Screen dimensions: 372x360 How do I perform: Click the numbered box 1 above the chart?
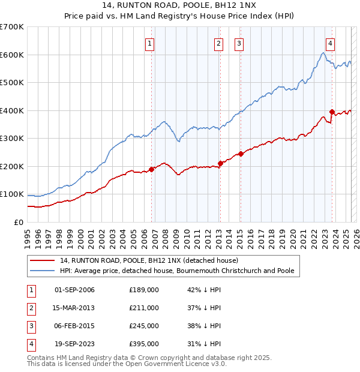click(x=149, y=43)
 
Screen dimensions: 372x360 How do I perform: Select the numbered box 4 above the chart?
click(x=331, y=43)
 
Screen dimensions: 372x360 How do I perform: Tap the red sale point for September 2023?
click(x=332, y=112)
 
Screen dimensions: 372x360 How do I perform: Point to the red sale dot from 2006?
click(x=151, y=169)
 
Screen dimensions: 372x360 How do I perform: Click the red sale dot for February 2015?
click(x=240, y=154)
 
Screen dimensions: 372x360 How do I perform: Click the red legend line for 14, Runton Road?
click(x=42, y=260)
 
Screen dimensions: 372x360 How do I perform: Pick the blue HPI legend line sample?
click(x=42, y=271)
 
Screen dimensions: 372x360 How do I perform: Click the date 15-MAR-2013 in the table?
click(x=74, y=308)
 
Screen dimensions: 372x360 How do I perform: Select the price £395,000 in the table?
click(x=143, y=344)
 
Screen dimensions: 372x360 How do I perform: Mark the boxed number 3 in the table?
click(x=29, y=326)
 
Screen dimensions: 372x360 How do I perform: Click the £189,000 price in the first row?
click(x=143, y=290)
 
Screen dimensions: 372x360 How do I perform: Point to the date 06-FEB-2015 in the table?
click(x=74, y=326)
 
